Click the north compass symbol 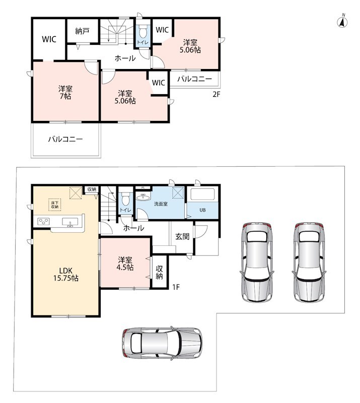coord(342,21)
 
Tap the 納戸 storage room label coord(82,31)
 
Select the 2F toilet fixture coord(142,32)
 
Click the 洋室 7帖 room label coord(65,93)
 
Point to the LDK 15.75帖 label coord(66,274)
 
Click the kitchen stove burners coord(43,221)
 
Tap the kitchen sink coord(70,222)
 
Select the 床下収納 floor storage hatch coord(55,205)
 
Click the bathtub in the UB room coord(202,195)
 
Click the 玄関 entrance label coord(182,236)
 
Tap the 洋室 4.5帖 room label coord(125,263)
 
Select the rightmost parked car coord(309,262)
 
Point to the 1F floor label coord(176,287)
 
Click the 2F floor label coord(217,94)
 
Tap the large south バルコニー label coord(65,140)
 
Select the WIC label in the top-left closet coord(49,39)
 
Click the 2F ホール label coord(125,58)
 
